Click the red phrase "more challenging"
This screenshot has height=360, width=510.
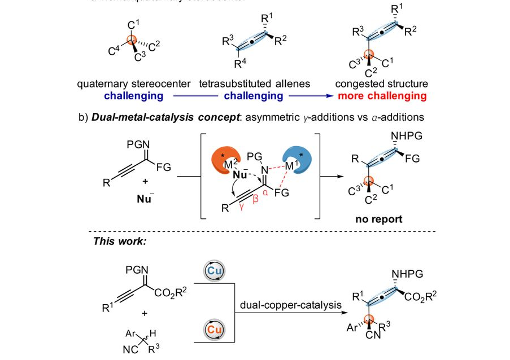point(382,96)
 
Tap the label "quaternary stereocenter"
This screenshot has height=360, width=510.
point(134,84)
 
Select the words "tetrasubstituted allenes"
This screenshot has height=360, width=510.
point(254,84)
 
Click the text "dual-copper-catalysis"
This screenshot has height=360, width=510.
point(290,305)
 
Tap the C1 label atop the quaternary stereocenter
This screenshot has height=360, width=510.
point(133,24)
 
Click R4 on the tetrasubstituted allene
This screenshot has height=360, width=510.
point(240,63)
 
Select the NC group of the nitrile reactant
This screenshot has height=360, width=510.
point(130,349)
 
